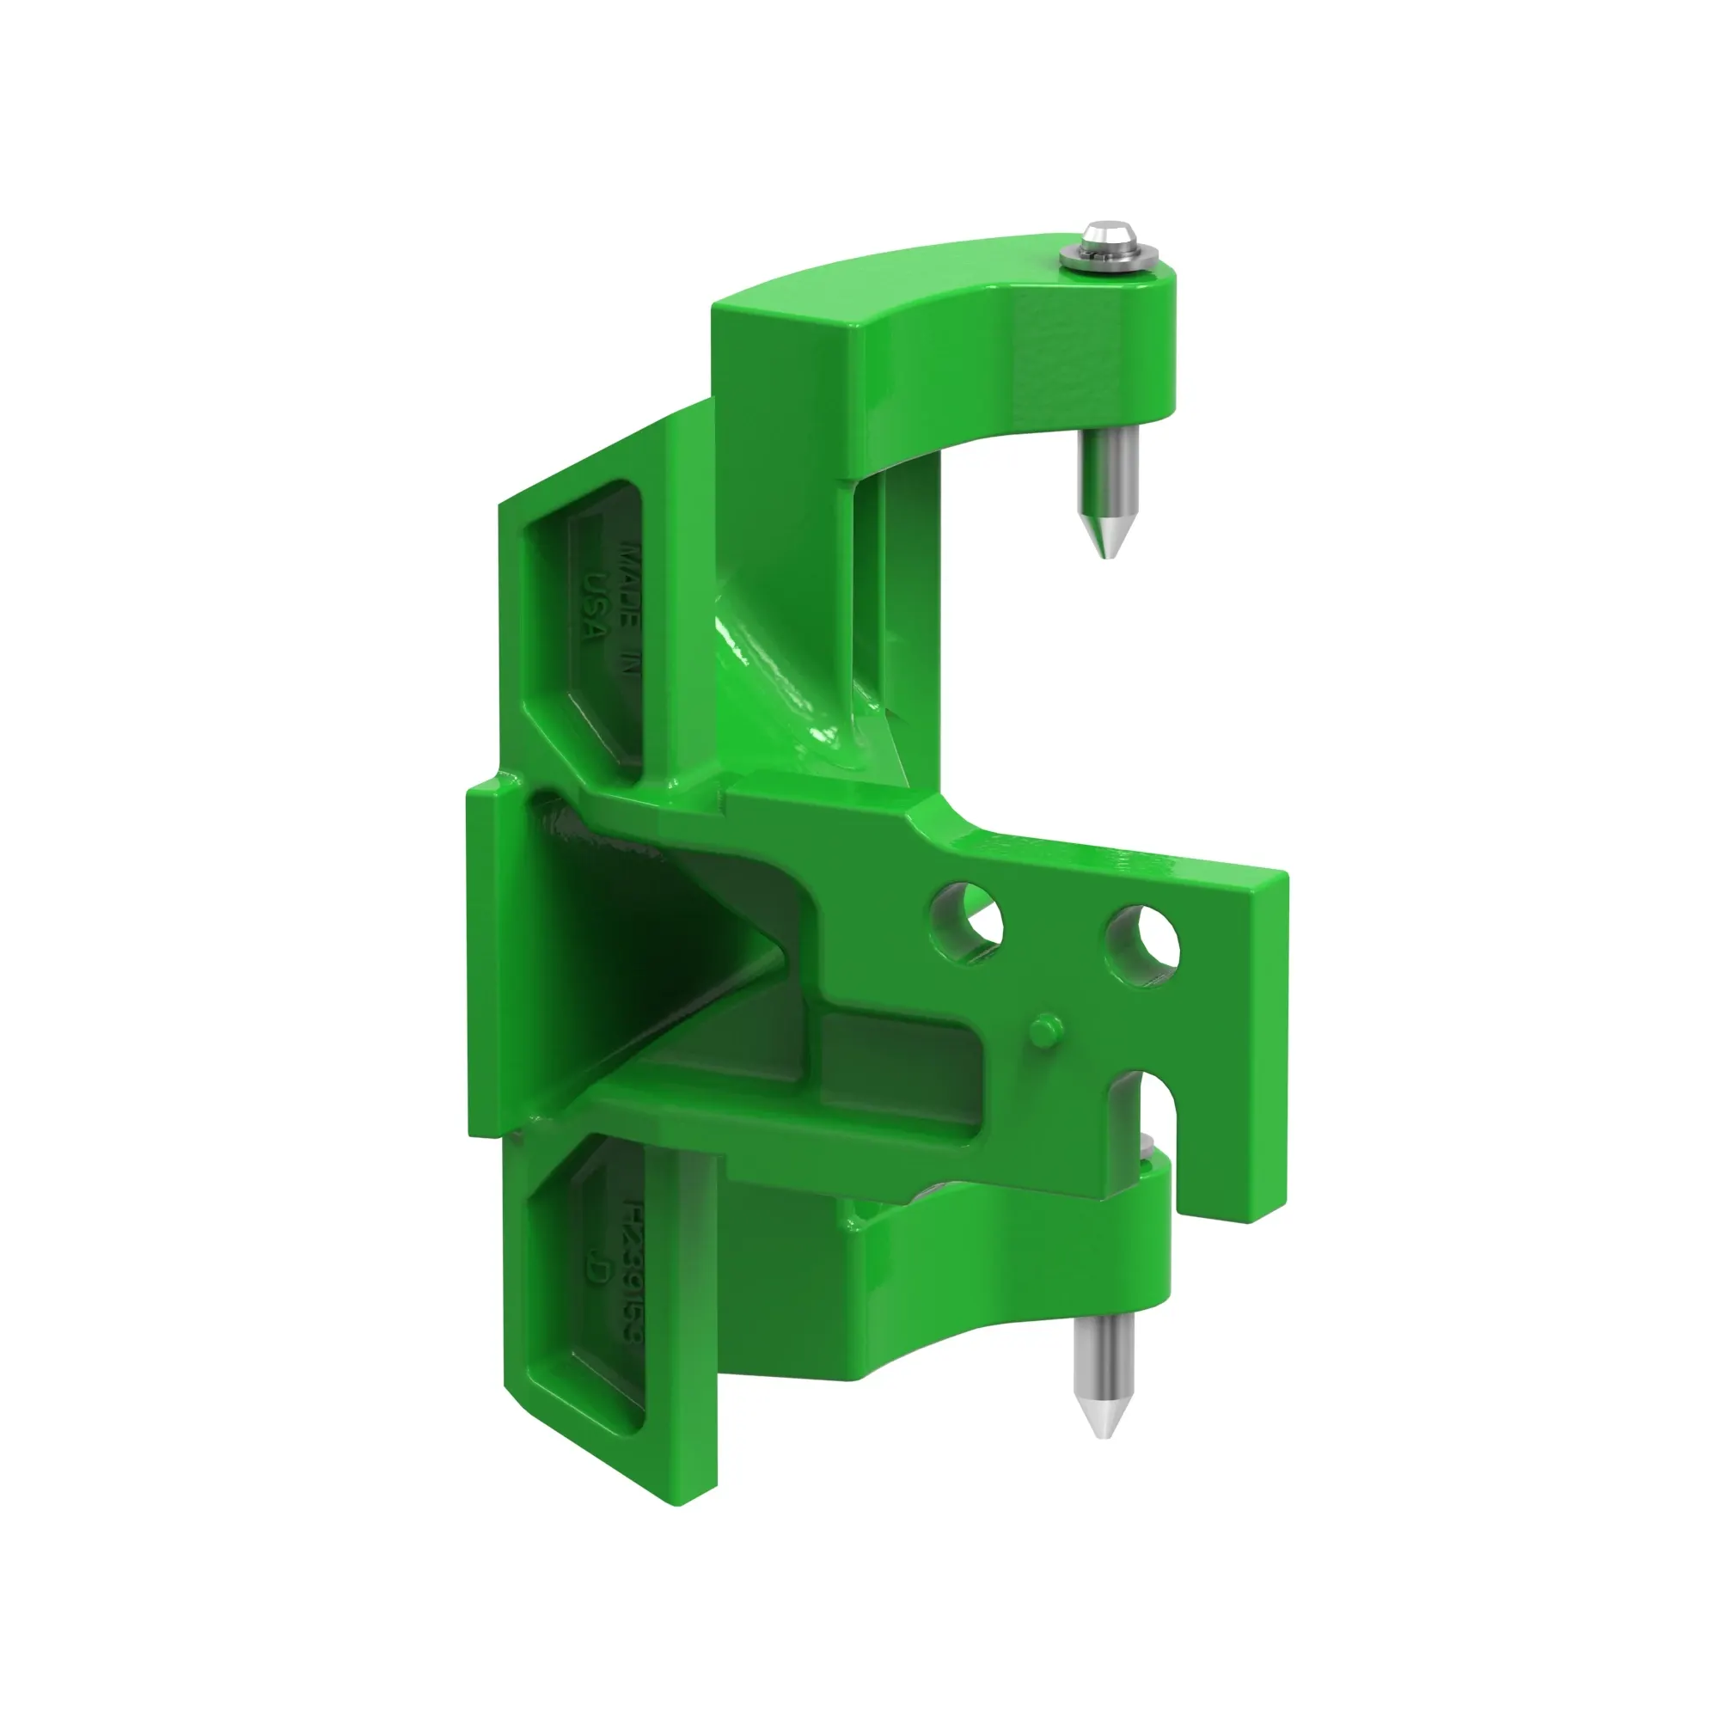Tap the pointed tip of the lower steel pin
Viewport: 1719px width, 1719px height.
tap(1103, 1459)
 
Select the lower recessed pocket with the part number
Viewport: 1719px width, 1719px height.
tap(587, 1290)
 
